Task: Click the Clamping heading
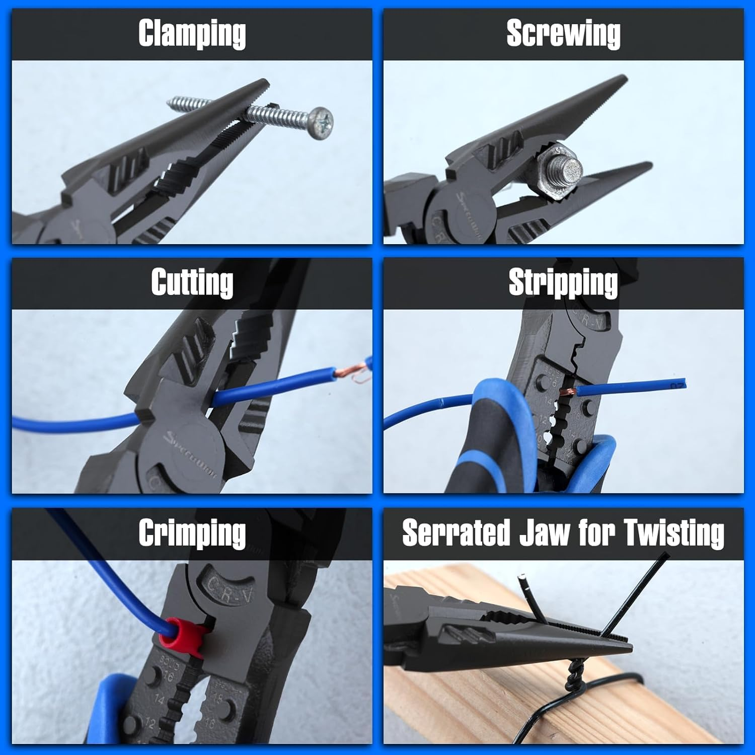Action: pyautogui.click(x=192, y=34)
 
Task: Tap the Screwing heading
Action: pyautogui.click(x=563, y=34)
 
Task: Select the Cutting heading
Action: pyautogui.click(x=192, y=282)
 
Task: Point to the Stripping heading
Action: pyautogui.click(x=563, y=282)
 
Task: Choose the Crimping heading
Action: pyautogui.click(x=192, y=533)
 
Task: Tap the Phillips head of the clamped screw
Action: pyautogui.click(x=320, y=123)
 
